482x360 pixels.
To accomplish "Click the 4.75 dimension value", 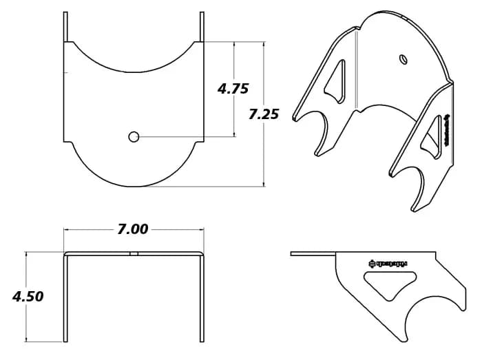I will point(232,89).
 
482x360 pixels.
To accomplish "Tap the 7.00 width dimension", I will point(132,229).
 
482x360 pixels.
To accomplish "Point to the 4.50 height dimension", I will point(28,297).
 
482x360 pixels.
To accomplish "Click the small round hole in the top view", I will point(134,137).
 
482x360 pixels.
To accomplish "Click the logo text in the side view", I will point(388,263).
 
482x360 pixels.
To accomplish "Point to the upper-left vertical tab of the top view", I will point(65,26).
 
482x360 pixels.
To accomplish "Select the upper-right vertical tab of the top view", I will point(202,26).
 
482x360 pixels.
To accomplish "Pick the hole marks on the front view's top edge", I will point(134,253).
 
